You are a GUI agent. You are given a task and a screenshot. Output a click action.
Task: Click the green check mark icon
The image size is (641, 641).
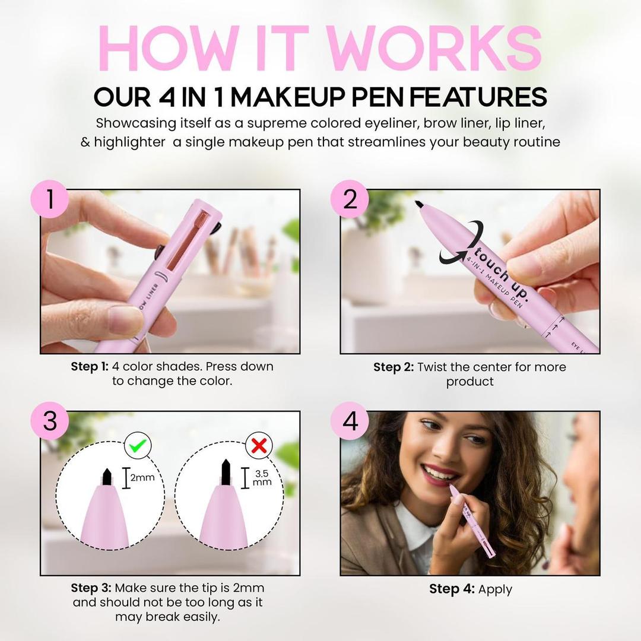(138, 445)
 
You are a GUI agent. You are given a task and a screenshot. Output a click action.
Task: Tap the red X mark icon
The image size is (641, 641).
(259, 445)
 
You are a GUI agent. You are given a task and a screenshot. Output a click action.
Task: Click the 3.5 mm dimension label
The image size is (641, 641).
(262, 478)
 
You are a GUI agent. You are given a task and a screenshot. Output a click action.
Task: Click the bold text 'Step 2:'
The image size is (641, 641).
(393, 367)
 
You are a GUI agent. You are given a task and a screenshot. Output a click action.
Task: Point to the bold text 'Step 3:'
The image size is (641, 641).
(90, 588)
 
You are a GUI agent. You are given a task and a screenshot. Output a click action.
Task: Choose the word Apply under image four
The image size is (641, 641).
(494, 589)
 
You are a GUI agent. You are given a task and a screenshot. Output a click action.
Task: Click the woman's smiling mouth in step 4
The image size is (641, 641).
(439, 473)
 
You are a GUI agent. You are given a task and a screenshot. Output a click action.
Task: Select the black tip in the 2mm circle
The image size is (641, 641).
(107, 476)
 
